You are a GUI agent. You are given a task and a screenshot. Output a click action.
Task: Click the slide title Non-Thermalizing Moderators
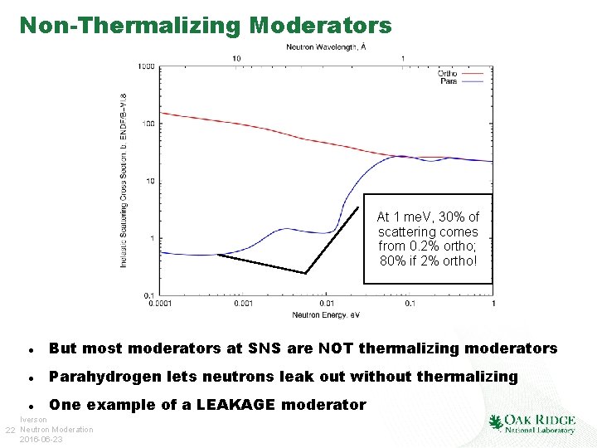pos(205,26)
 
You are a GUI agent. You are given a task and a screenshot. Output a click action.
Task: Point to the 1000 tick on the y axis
pos(147,66)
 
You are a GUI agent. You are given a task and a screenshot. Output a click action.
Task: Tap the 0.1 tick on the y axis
pos(149,295)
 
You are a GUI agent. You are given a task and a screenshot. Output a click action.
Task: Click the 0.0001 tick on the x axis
pos(161,304)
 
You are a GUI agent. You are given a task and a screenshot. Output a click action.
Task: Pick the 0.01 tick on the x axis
pos(327,304)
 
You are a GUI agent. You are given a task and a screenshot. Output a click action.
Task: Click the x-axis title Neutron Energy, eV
pos(326,314)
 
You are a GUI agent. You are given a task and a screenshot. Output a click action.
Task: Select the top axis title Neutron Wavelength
pos(326,47)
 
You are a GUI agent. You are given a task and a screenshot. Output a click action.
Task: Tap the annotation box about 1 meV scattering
pos(428,239)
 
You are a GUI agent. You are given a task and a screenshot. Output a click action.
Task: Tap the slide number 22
pos(10,429)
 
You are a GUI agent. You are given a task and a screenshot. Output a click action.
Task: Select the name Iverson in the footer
pos(34,420)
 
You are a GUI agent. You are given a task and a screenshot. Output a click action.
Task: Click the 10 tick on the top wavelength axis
pos(237,58)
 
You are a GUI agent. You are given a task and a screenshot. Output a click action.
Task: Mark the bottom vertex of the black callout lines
pos(305,273)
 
